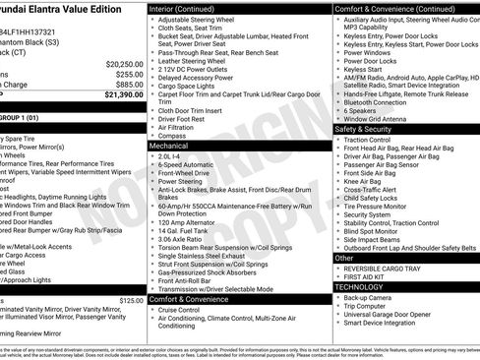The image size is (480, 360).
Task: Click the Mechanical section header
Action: (168, 145)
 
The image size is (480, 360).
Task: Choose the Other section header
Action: (345, 258)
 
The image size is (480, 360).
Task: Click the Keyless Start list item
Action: (364, 71)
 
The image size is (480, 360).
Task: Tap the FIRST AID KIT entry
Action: (366, 277)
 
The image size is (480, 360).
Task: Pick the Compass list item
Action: (172, 136)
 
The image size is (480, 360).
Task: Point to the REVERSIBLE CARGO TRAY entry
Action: (385, 268)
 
